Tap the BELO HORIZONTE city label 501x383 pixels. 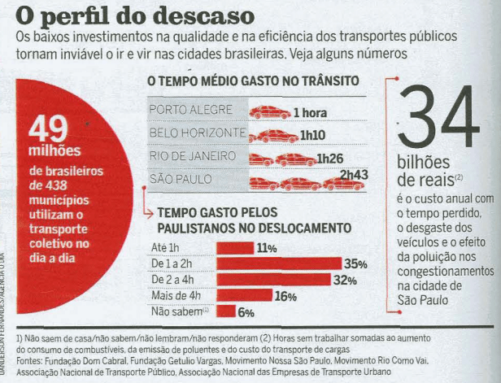[198, 133]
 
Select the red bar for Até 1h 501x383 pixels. [233, 247]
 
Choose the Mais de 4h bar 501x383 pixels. [243, 295]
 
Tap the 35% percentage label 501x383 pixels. [356, 263]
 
